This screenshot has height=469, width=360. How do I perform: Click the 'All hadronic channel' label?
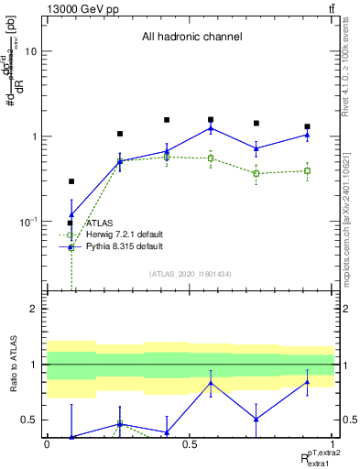191,38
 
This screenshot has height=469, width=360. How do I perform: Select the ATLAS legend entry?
99,223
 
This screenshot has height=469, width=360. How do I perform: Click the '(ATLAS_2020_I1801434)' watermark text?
191,274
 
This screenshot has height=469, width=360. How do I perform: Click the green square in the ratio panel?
120,424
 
